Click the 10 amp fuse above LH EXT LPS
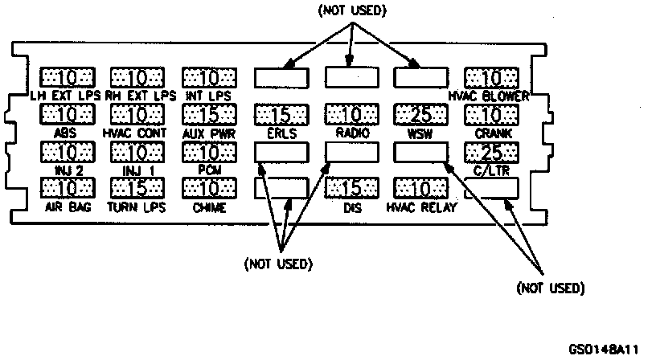click(67, 78)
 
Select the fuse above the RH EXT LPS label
click(137, 78)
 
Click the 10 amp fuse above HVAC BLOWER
click(491, 78)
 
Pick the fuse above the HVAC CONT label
click(137, 115)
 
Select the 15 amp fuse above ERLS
click(281, 115)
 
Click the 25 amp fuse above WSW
click(421, 115)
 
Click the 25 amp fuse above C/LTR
click(491, 152)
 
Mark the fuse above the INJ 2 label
click(67, 152)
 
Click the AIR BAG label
click(67, 207)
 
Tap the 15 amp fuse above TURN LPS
click(137, 189)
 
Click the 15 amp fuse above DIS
click(351, 189)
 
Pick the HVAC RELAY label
click(421, 207)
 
